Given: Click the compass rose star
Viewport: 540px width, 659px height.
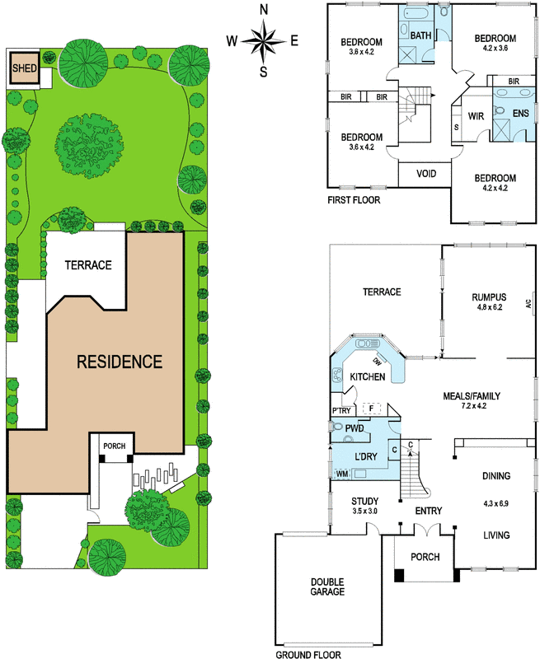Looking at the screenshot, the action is tap(263, 40).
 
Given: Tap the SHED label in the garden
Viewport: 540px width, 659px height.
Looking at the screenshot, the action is tap(25, 68).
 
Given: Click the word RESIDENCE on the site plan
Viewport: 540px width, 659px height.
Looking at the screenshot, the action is tap(120, 362).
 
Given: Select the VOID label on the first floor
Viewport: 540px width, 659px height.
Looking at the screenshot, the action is tap(426, 174).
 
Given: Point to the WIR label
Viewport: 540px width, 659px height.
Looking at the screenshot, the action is tap(476, 116).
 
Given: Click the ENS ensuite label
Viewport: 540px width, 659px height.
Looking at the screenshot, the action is tap(521, 113).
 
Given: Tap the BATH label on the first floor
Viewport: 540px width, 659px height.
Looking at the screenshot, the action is tap(420, 35).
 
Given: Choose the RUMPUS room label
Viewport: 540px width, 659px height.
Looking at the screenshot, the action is tap(489, 297).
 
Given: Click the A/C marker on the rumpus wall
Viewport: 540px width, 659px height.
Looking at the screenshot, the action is tap(528, 303).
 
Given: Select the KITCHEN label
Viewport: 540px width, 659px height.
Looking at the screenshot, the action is tap(368, 376).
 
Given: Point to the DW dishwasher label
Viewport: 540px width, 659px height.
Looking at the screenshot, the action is tap(377, 361).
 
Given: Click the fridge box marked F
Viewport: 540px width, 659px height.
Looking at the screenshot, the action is tap(371, 408).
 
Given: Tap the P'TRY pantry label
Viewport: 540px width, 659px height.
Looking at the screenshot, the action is tap(341, 410).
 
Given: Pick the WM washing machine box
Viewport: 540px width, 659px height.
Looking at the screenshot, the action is tap(342, 474).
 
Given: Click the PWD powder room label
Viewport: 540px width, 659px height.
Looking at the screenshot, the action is tap(355, 428).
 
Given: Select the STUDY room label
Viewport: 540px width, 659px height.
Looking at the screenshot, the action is tap(365, 501).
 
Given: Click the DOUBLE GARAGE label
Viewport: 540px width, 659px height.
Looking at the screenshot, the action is tap(327, 587).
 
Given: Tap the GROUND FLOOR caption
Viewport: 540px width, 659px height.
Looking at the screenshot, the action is tap(308, 654).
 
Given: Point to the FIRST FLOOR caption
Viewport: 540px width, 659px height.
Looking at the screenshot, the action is tap(354, 200).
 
